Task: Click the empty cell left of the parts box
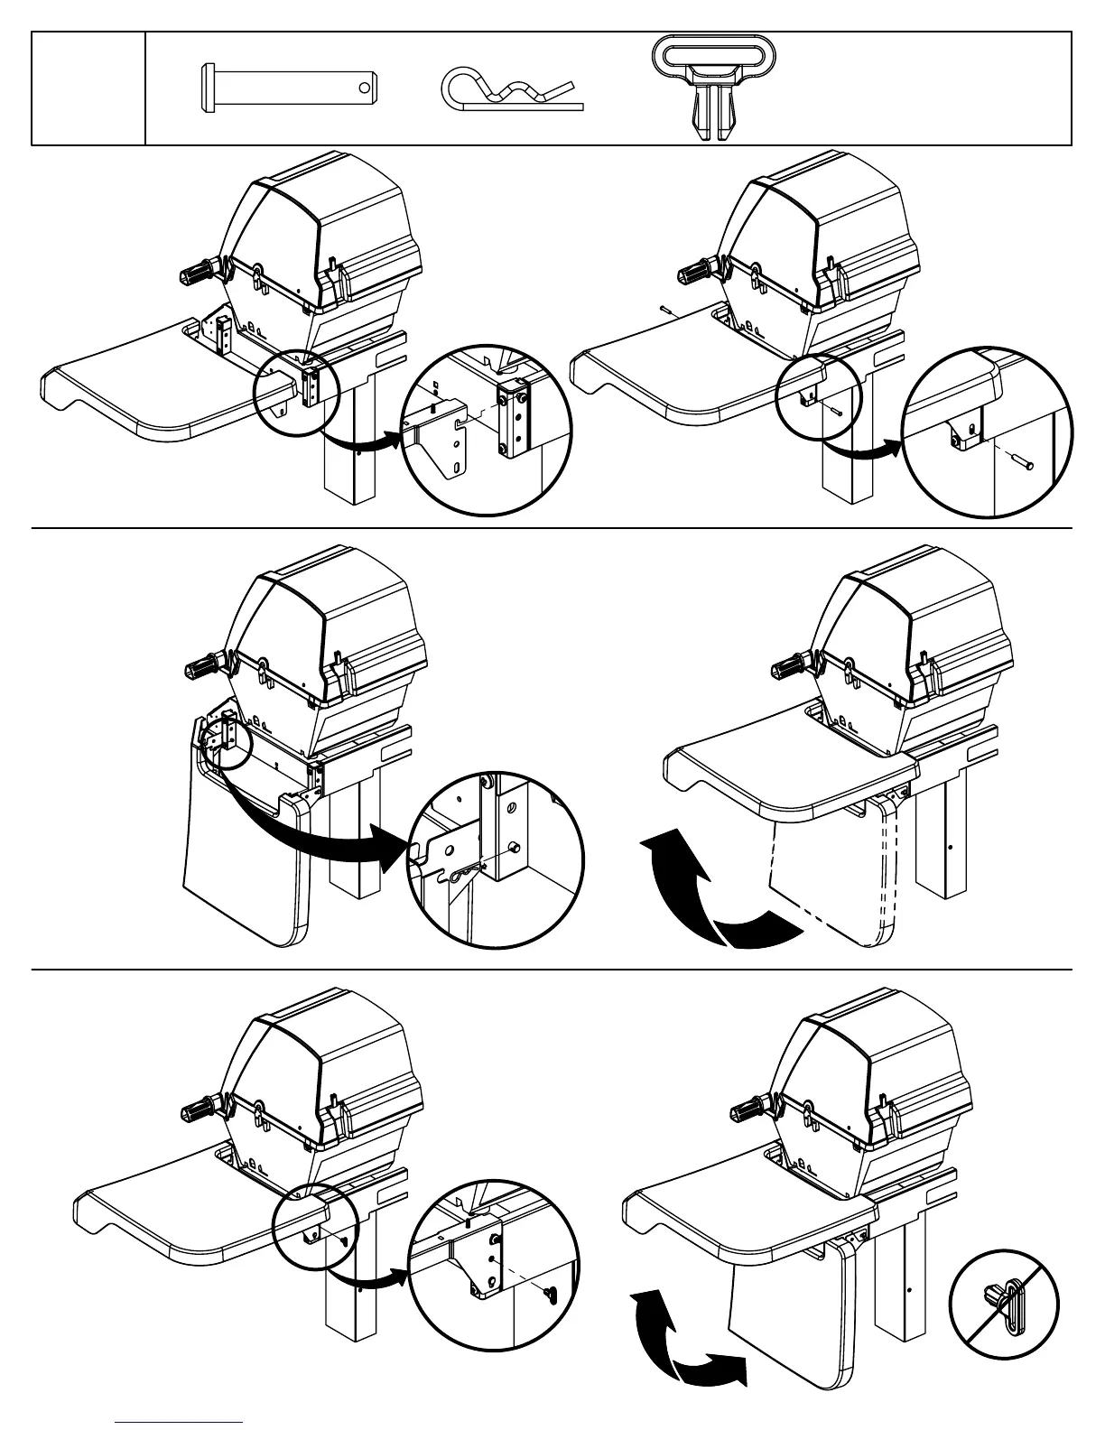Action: (x=88, y=88)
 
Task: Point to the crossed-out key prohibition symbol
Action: (x=1004, y=1305)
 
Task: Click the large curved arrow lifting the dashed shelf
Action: (x=713, y=894)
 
